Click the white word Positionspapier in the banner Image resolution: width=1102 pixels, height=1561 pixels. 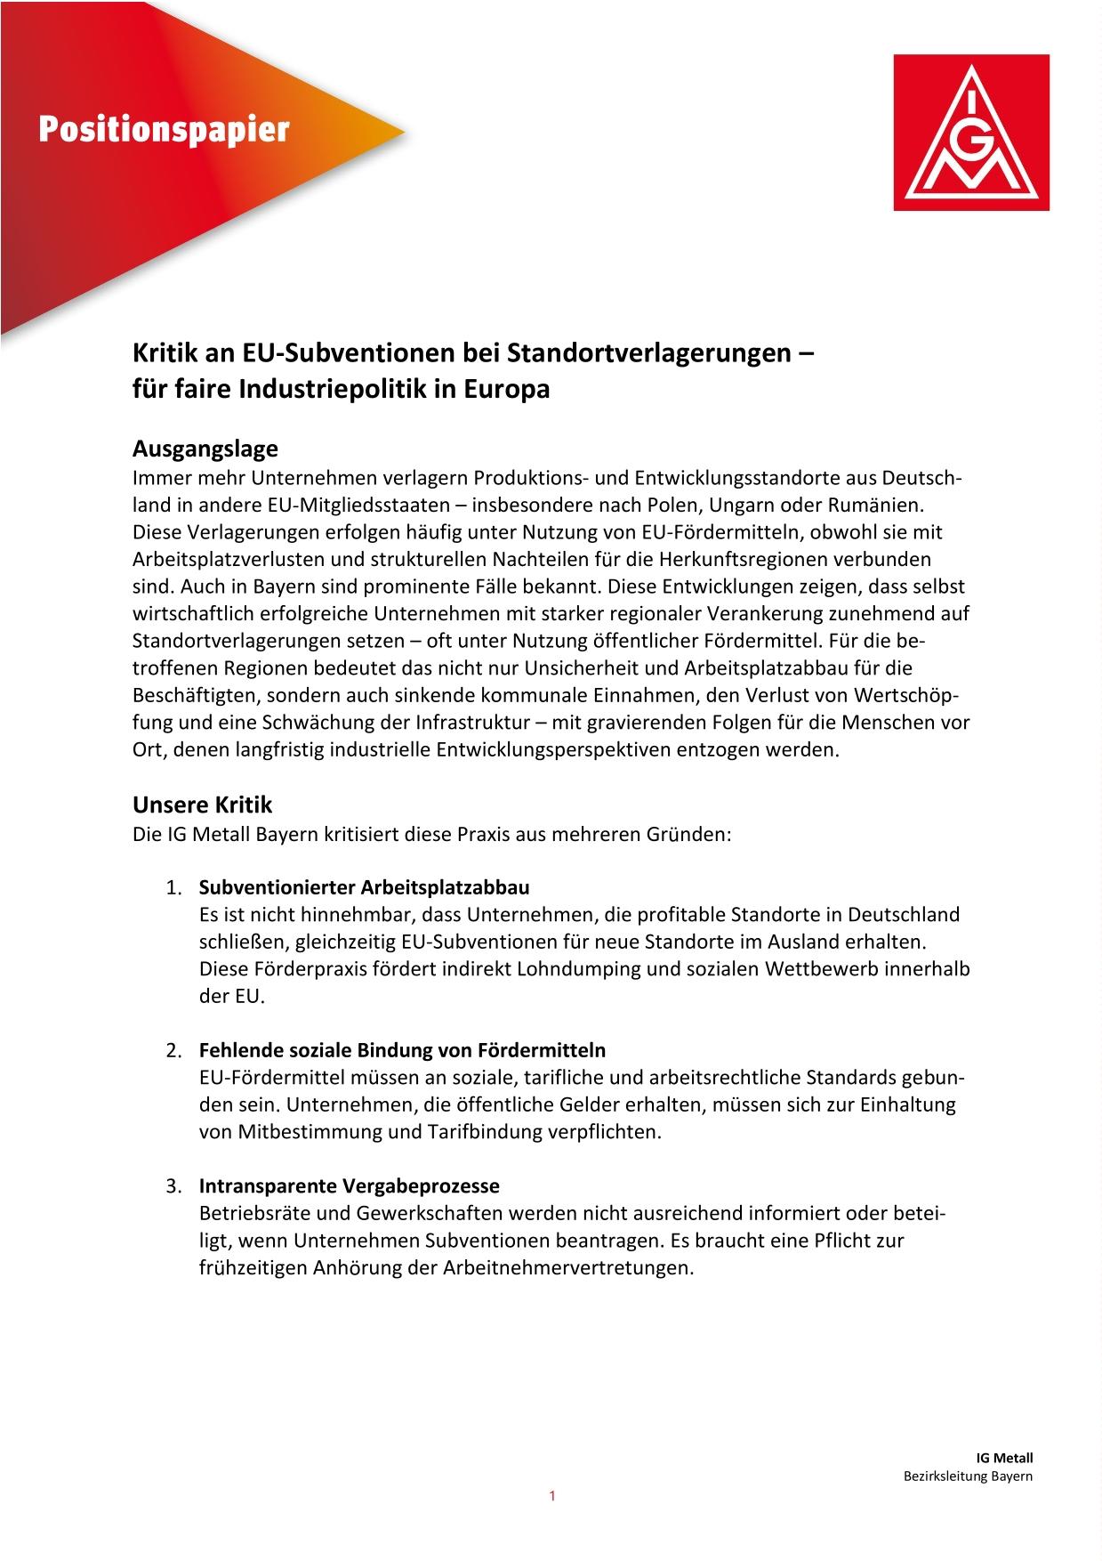(x=164, y=130)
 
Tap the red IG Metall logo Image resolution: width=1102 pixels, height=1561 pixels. (x=971, y=133)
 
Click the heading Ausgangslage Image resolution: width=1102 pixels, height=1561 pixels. (x=205, y=448)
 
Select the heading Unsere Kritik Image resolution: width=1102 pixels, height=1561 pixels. (x=202, y=805)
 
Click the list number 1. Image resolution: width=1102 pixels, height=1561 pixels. (x=173, y=888)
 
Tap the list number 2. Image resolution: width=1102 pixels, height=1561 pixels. (x=173, y=1051)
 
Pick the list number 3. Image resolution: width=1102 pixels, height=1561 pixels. (x=173, y=1186)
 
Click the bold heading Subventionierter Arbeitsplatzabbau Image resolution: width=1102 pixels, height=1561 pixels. (x=364, y=887)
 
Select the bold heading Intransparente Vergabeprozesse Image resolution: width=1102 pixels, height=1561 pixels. (x=349, y=1185)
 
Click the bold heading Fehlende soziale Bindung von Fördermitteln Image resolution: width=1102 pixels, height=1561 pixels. (x=402, y=1050)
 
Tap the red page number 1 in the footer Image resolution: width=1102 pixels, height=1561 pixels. (x=551, y=1496)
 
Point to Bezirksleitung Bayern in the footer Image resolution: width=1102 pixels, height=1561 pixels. (x=968, y=1476)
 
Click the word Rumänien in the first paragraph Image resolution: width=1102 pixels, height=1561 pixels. (x=876, y=506)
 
